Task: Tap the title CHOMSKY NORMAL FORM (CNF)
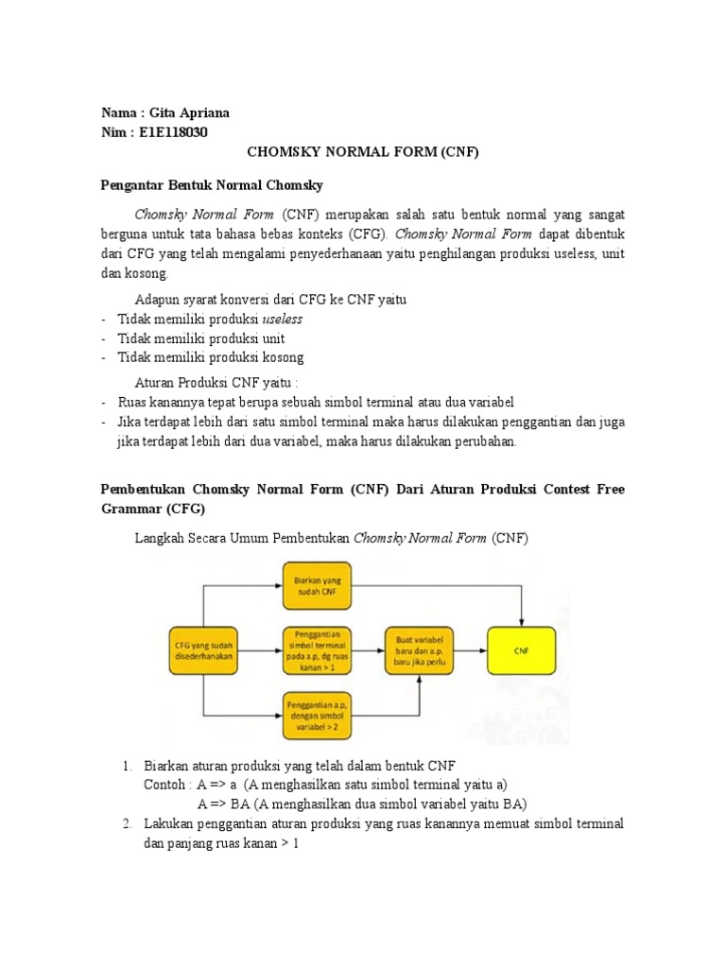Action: (363, 152)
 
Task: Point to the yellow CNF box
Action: (521, 649)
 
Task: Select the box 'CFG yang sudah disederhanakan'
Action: (202, 649)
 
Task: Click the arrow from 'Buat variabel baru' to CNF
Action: (468, 650)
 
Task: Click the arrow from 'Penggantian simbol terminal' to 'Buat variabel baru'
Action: (367, 650)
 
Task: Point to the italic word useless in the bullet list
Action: (283, 320)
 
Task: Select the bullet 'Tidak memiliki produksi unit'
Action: (200, 338)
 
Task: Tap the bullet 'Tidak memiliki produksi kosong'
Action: (210, 357)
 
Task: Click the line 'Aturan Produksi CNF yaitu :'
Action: (216, 382)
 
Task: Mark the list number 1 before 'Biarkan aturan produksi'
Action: (127, 765)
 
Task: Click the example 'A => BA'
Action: (216, 804)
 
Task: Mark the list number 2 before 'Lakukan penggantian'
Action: (127, 824)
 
